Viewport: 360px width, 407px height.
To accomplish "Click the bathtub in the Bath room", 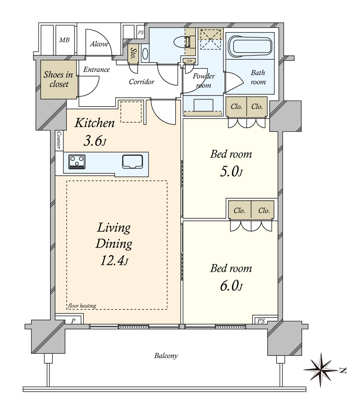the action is pos(250,47).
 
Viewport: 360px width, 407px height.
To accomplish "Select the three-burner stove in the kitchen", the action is pos(77,162).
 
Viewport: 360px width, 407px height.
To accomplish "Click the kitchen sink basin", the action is pos(132,161).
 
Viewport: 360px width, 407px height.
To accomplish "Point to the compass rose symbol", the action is pos(322,370).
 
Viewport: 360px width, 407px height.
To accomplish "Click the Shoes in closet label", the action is pos(58,79).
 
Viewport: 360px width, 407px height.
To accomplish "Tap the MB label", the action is pos(64,40).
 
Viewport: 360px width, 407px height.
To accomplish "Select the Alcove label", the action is pos(99,44).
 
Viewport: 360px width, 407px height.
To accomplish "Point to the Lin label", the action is pos(190,61).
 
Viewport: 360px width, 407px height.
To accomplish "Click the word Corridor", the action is pos(142,82).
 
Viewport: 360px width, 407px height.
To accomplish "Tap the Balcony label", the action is pos(166,356).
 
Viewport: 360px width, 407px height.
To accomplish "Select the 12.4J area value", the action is pos(114,261).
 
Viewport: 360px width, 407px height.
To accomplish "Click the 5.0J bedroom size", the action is pos(231,172).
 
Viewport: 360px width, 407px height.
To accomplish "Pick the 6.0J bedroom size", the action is pos(231,286).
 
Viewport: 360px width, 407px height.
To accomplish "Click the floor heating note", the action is pos(82,306).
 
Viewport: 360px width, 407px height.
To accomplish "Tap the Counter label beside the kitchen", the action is pos(59,140).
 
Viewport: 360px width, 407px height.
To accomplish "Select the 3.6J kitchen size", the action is pos(95,141).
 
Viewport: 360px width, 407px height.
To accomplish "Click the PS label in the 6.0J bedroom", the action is pos(261,321).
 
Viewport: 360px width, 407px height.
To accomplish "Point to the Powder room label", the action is pos(204,81).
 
